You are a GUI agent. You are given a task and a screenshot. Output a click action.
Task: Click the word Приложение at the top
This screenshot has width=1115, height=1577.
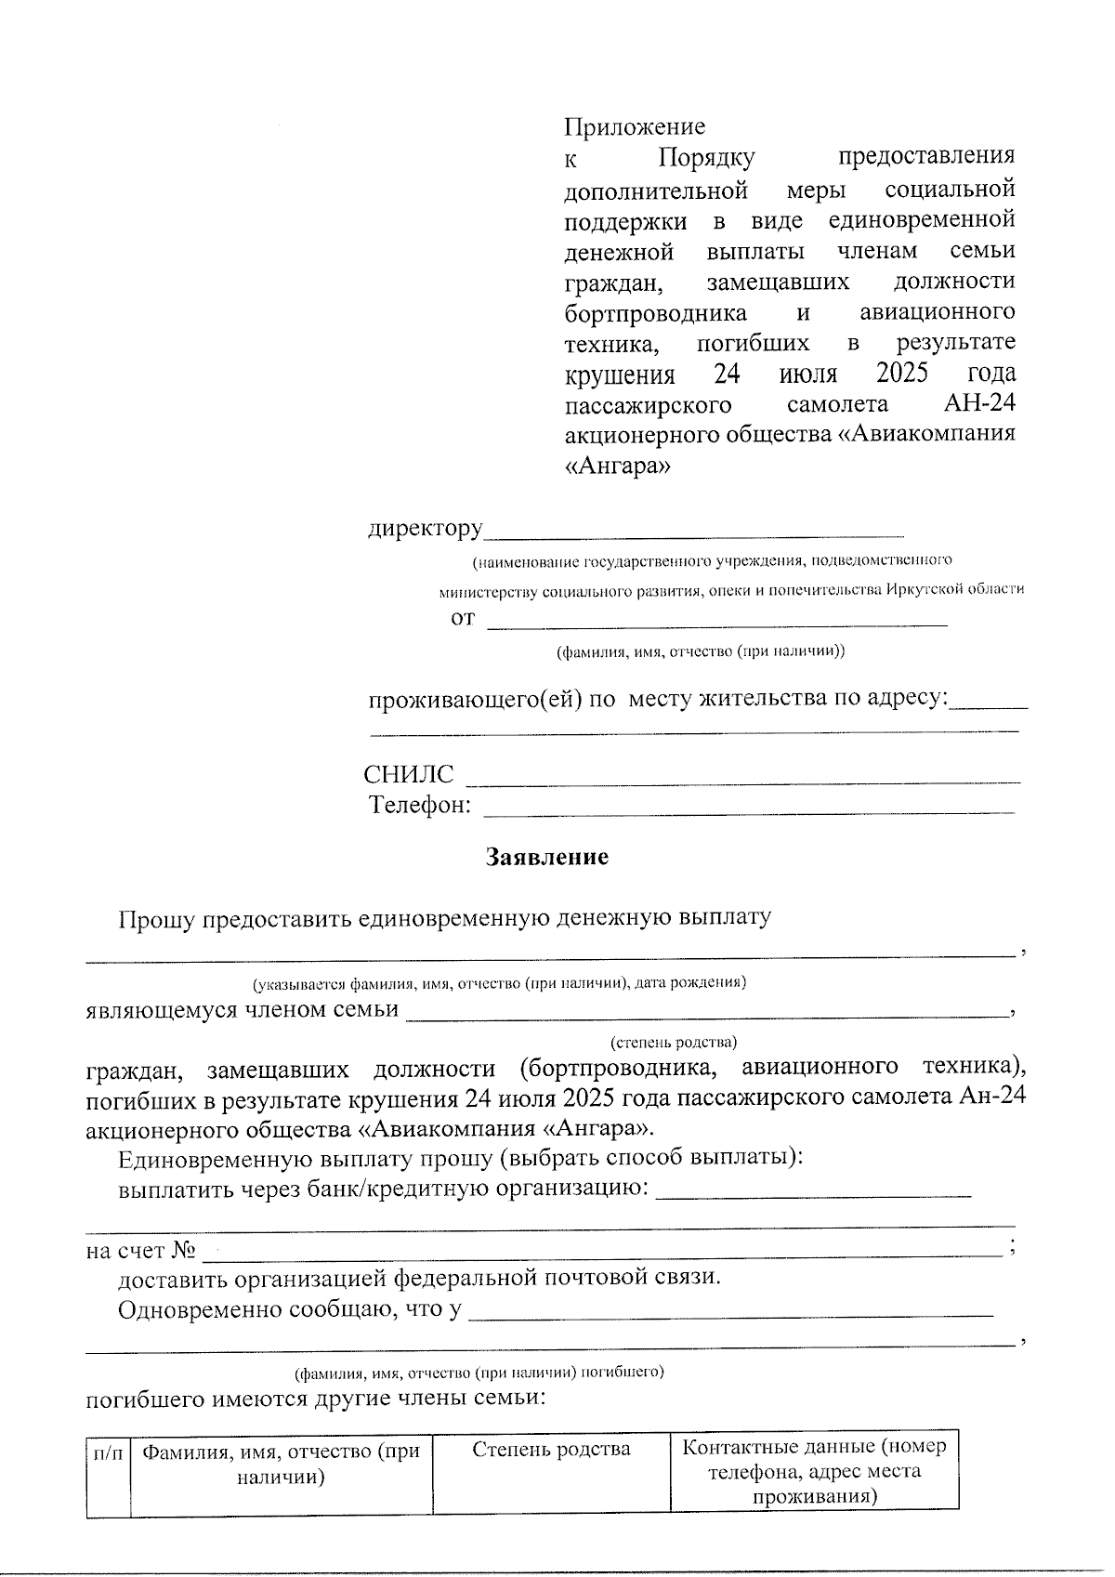click(x=635, y=126)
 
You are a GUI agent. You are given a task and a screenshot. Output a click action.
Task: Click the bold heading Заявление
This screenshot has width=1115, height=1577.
click(x=547, y=857)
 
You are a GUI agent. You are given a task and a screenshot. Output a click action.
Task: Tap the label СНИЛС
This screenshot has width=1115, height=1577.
click(x=409, y=775)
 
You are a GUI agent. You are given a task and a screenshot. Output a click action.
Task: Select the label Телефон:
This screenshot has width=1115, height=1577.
click(x=420, y=805)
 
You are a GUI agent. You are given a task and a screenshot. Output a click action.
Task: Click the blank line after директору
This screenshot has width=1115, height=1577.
click(x=694, y=533)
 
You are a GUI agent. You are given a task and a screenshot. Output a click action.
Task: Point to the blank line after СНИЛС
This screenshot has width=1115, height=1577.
click(x=741, y=779)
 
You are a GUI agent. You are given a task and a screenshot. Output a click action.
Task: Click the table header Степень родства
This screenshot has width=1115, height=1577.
click(x=552, y=1449)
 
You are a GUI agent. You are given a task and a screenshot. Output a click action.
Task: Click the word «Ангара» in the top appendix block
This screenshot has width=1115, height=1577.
click(x=617, y=467)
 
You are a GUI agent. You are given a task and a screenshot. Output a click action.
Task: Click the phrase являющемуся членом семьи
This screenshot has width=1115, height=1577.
click(x=242, y=1010)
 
